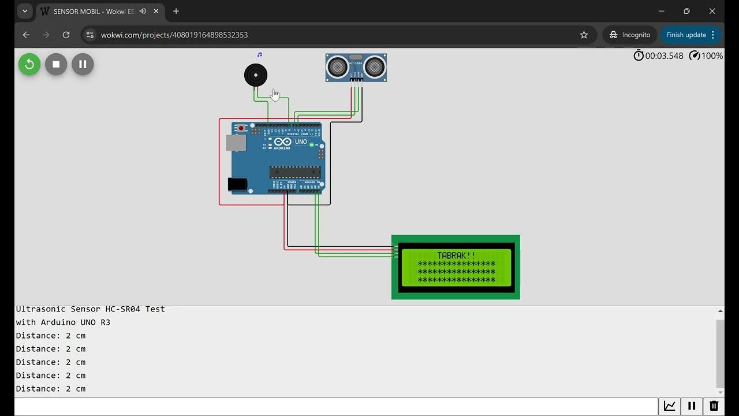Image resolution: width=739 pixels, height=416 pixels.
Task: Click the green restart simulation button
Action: pyautogui.click(x=29, y=64)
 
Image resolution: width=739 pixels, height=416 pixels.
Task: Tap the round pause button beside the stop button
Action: pyautogui.click(x=83, y=64)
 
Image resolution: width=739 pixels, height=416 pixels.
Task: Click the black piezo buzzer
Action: pyautogui.click(x=256, y=75)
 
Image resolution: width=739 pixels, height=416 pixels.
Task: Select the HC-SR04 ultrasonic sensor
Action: pyautogui.click(x=356, y=68)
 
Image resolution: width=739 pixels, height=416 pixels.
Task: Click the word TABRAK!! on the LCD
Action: pyautogui.click(x=456, y=255)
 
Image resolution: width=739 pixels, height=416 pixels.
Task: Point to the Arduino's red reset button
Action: pyautogui.click(x=241, y=128)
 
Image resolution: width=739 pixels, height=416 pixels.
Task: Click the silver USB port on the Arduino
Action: pyautogui.click(x=236, y=143)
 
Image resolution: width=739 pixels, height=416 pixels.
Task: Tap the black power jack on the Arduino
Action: pyautogui.click(x=237, y=184)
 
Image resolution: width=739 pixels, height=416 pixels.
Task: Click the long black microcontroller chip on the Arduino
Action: pyautogui.click(x=295, y=172)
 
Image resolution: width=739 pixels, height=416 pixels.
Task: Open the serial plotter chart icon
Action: pyautogui.click(x=670, y=406)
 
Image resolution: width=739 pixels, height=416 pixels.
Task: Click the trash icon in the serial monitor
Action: pyautogui.click(x=714, y=406)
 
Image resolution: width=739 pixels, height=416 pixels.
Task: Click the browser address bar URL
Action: pyautogui.click(x=174, y=35)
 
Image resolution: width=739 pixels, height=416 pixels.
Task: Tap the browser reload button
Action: pyautogui.click(x=66, y=35)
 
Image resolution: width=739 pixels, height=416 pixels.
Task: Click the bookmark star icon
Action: pyautogui.click(x=584, y=35)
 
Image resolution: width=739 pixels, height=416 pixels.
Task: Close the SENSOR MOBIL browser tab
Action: pyautogui.click(x=156, y=11)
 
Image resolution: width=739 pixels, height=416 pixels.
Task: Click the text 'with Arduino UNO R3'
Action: pyautogui.click(x=63, y=322)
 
